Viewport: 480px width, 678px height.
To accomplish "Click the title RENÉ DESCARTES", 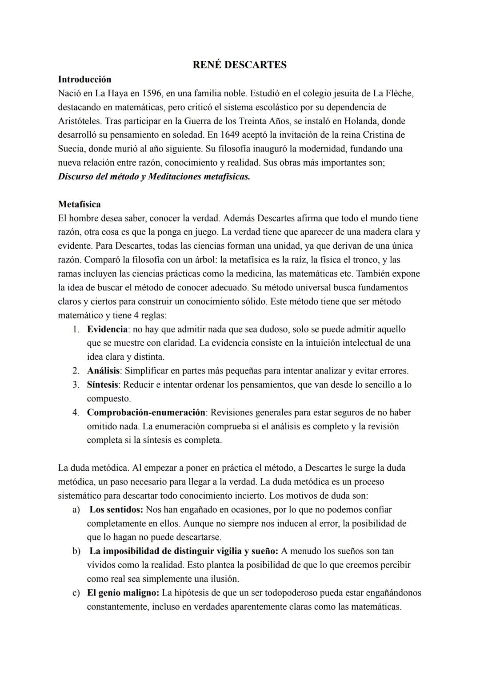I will pos(240,65).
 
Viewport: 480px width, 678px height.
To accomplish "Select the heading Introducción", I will pos(84,79).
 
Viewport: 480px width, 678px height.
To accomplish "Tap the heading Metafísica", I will pos(79,204).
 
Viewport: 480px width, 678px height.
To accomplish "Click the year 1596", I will pos(153,93).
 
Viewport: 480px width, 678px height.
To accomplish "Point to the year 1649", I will pos(233,135).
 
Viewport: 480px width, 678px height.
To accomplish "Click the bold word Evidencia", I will pos(108,329).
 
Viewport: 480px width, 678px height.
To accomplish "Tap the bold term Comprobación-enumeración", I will pos(146,412).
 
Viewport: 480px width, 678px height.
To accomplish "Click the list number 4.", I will pos(76,412).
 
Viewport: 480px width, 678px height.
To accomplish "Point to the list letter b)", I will pos(76,551).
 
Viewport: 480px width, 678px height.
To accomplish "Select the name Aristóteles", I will pos(79,121).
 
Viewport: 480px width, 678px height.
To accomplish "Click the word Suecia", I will pos(71,148).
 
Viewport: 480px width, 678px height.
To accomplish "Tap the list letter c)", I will pos(76,593).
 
